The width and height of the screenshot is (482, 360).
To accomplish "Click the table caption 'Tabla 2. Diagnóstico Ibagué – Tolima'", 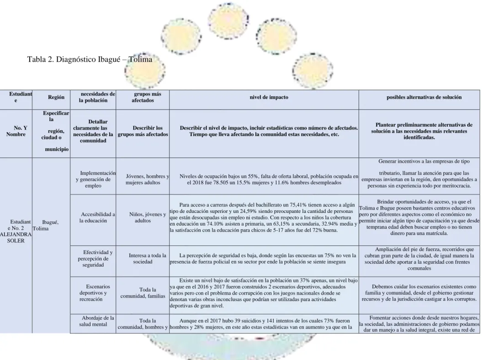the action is (90, 59).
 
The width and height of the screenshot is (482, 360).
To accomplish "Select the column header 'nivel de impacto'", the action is (269, 97).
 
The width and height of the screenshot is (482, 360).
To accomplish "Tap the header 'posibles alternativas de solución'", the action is (424, 97).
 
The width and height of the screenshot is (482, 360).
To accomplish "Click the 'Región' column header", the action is (56, 97).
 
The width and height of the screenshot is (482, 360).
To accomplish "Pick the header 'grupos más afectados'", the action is (143, 97).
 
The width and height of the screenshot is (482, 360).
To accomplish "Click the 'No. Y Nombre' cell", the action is (16, 131).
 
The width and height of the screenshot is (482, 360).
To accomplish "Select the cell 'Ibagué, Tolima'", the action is (46, 225).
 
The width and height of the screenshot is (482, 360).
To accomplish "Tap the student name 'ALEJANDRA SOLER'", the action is (16, 238).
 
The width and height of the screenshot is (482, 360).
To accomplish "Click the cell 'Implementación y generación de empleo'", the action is (93, 179).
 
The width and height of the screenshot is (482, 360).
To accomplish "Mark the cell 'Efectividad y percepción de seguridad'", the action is (93, 259).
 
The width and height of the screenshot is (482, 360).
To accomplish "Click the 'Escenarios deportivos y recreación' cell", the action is (93, 293).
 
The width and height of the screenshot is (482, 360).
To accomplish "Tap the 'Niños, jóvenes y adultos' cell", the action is (143, 217).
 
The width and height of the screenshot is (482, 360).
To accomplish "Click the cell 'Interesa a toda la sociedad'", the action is (143, 259).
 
